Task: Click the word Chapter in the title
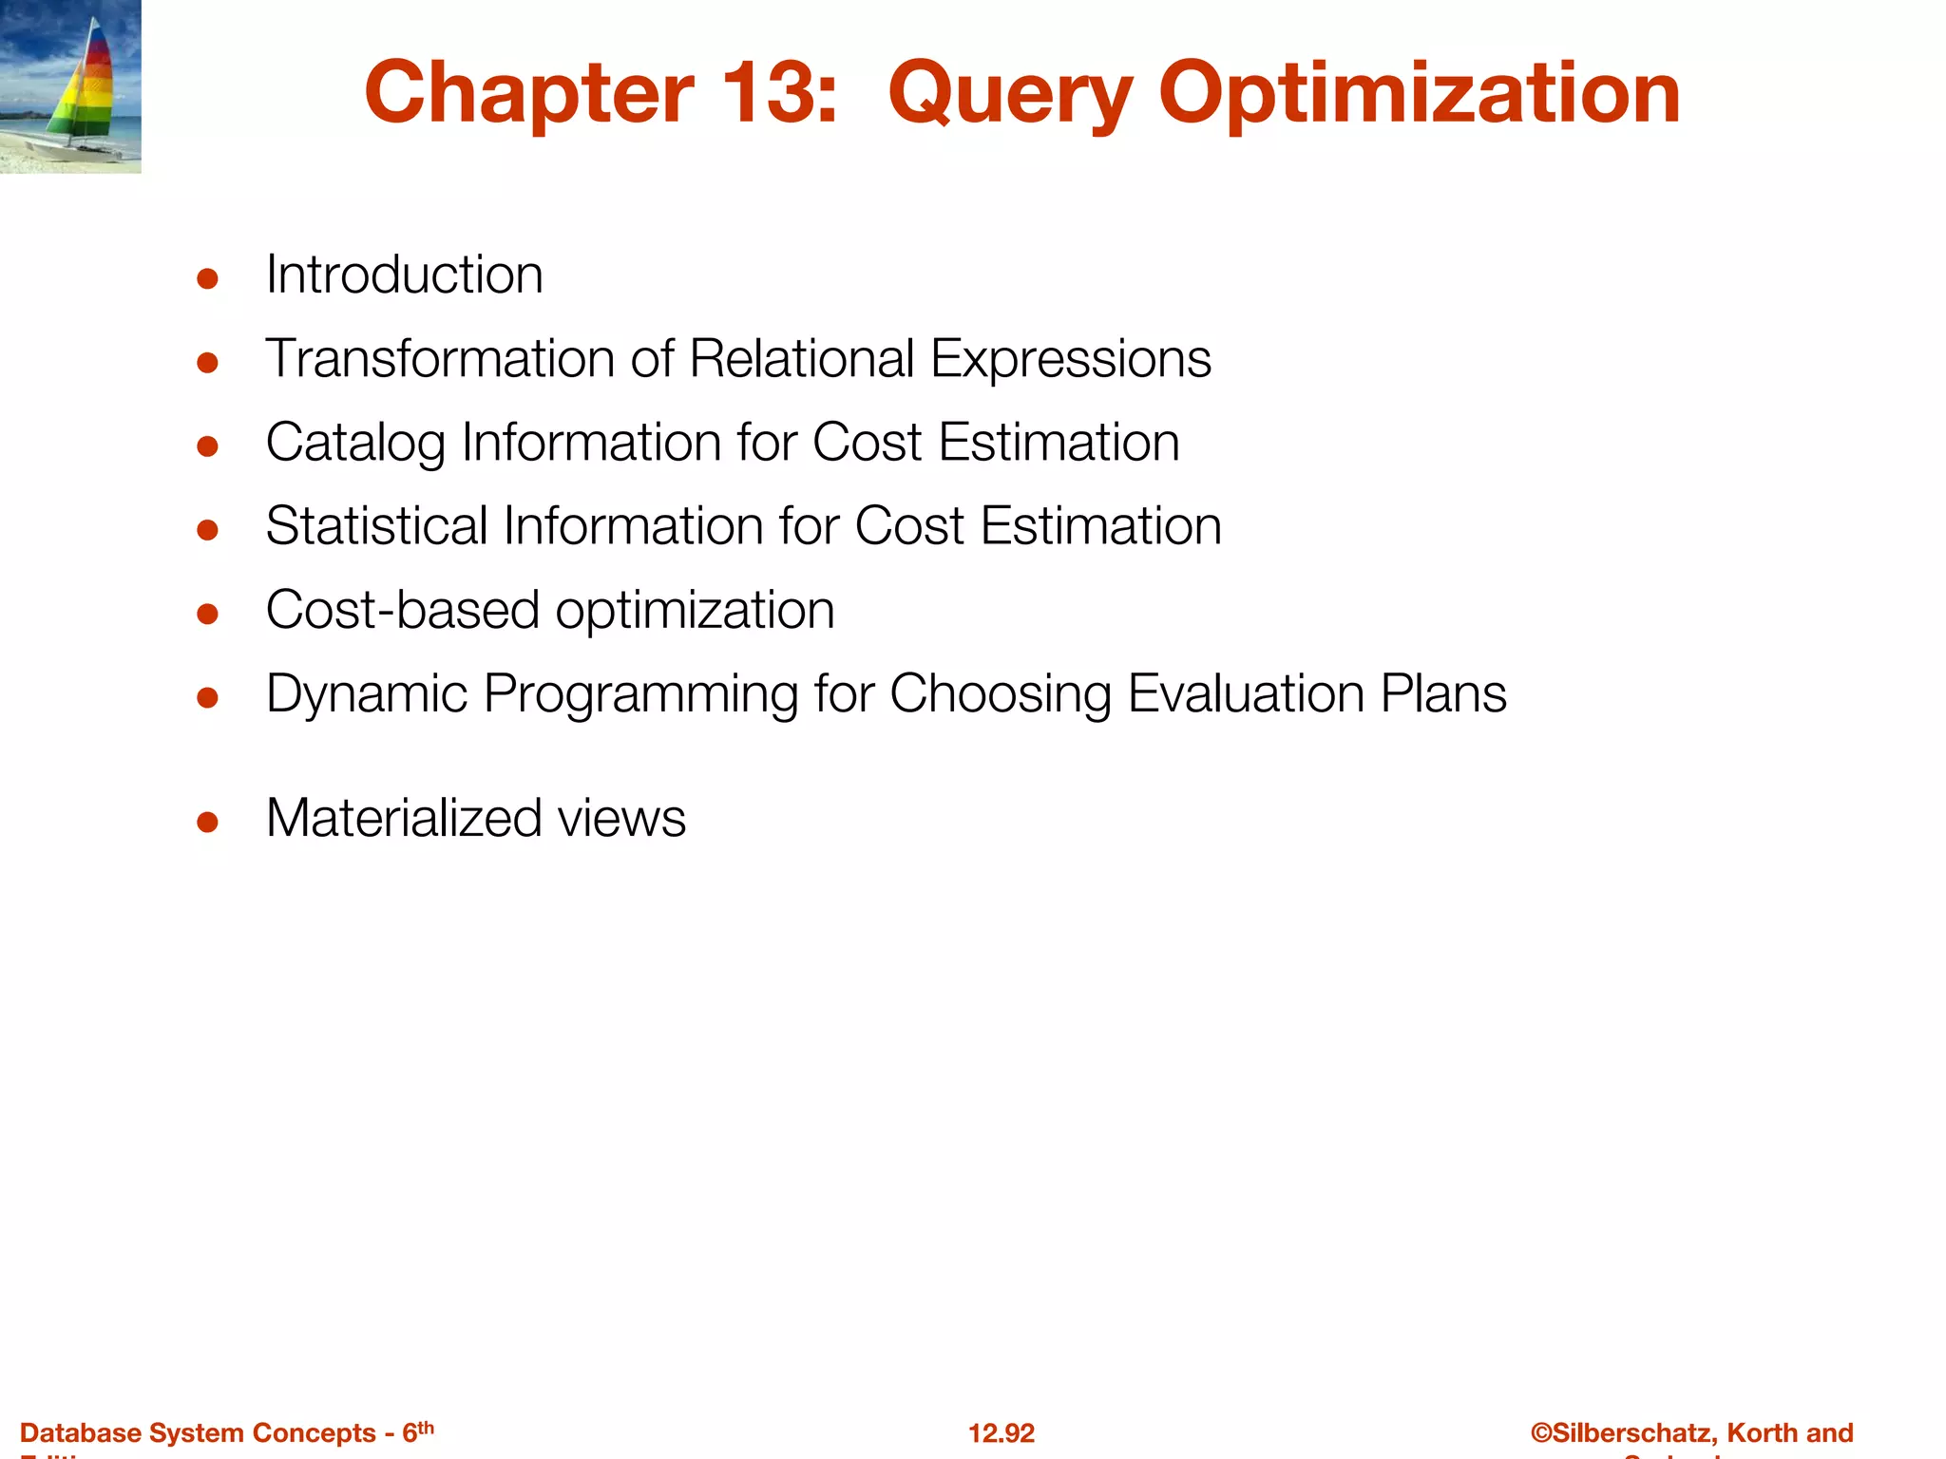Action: [528, 93]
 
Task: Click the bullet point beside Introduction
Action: [208, 278]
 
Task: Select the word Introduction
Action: [404, 275]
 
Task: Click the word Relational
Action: [802, 359]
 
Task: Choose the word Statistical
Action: [376, 526]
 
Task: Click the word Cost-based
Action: [402, 610]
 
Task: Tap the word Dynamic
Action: [366, 694]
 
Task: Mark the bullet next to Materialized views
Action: [208, 822]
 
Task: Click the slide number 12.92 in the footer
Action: [1001, 1433]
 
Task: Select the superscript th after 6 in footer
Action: [426, 1427]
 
